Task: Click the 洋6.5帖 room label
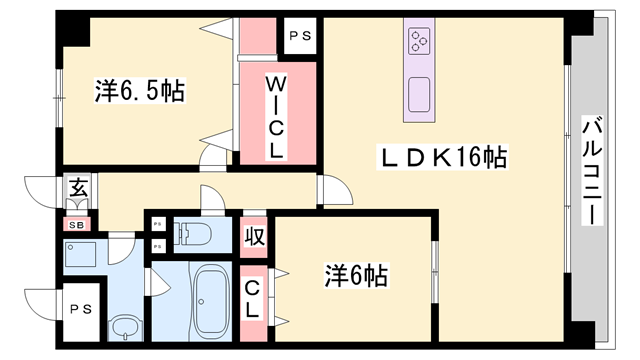click(x=139, y=91)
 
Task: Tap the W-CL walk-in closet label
click(x=277, y=118)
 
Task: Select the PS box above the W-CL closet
click(x=299, y=36)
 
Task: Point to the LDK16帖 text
click(x=442, y=157)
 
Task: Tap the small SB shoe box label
click(x=76, y=224)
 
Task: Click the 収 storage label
click(x=253, y=239)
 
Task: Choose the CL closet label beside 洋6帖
click(x=253, y=298)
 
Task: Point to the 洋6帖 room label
click(x=354, y=273)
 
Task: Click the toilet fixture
click(x=195, y=234)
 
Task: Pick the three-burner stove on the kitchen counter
click(x=418, y=43)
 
